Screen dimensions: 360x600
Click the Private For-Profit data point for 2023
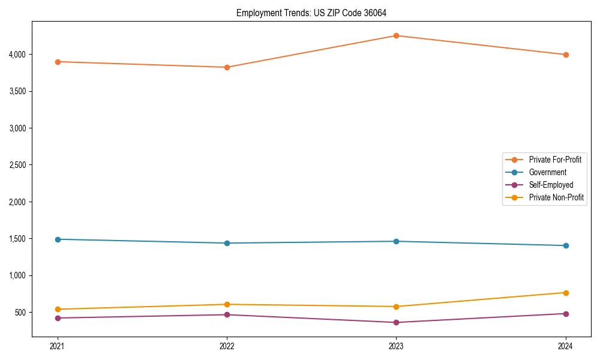tap(397, 35)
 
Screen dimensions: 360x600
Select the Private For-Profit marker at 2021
tap(58, 62)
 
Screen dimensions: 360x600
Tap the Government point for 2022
tap(227, 243)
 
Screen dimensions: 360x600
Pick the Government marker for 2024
tap(566, 245)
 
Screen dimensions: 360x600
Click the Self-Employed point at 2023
tap(397, 322)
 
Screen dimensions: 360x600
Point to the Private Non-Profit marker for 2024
tap(566, 293)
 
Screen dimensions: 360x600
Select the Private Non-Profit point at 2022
tap(227, 304)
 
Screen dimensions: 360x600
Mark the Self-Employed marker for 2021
tap(58, 318)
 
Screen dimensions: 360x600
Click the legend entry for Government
tap(547, 172)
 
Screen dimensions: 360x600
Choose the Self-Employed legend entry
tap(551, 185)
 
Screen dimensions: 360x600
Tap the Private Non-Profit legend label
tap(556, 197)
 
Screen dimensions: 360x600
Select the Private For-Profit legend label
tap(555, 160)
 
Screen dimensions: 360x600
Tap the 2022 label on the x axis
tap(227, 346)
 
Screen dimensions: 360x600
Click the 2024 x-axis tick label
tap(566, 346)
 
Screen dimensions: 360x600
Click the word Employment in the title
tap(257, 13)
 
